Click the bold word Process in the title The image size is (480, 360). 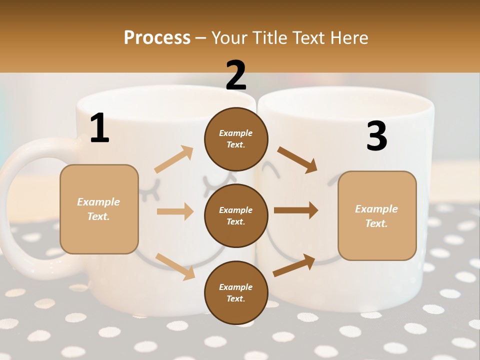[157, 38]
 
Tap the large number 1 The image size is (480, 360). [99, 128]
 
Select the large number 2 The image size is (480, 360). [236, 76]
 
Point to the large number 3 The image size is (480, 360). [376, 136]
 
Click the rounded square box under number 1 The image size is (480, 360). [99, 209]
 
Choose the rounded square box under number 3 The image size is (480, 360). [377, 216]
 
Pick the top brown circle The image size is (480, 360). [236, 139]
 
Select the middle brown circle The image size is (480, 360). [236, 216]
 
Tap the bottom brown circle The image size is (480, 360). [236, 293]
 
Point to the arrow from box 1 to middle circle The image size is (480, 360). [175, 211]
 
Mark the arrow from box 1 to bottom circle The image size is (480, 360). [175, 266]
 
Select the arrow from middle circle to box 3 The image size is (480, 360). [296, 210]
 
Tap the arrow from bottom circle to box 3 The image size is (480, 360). [294, 265]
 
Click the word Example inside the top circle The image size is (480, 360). [236, 133]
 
